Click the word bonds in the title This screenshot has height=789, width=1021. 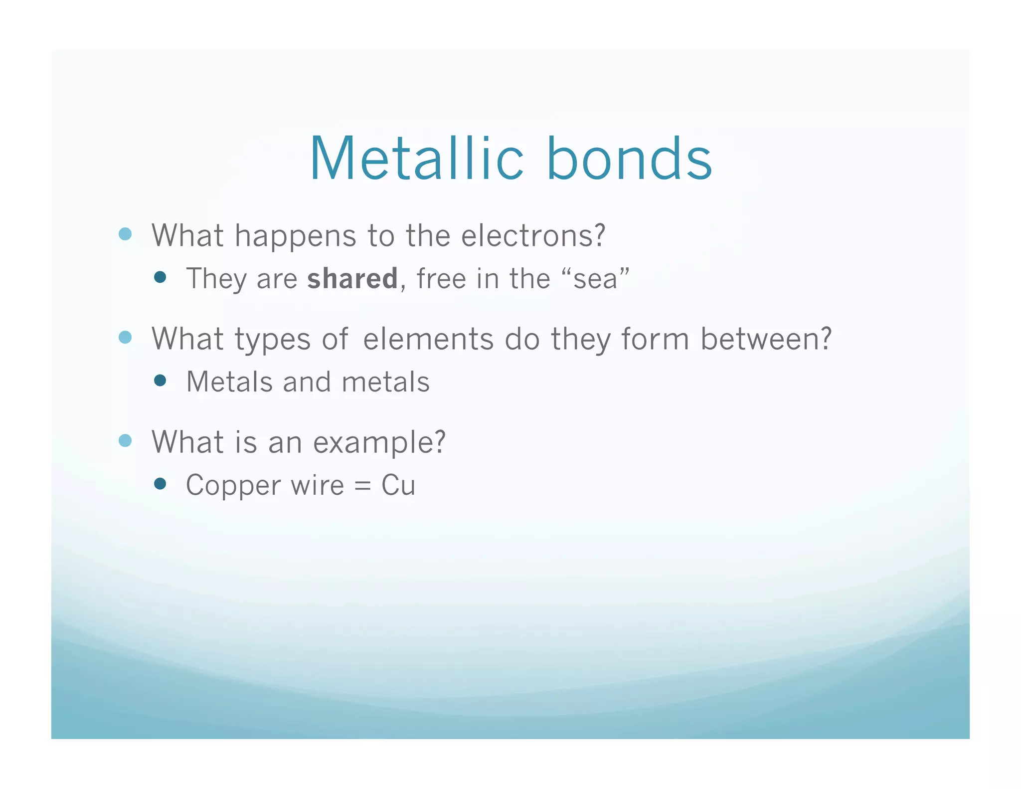click(x=629, y=159)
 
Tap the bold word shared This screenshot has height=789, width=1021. click(x=352, y=278)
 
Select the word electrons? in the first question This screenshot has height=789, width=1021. click(x=533, y=235)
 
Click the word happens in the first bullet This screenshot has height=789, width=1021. click(x=295, y=235)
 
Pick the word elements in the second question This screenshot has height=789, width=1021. click(x=428, y=339)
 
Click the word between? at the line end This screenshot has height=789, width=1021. click(x=766, y=339)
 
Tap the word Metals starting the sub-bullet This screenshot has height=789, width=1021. click(x=229, y=382)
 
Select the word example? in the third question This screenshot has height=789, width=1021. click(x=379, y=442)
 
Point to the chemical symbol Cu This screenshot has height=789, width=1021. click(x=398, y=485)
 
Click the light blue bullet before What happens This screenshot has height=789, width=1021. click(x=125, y=234)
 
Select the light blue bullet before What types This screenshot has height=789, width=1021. click(x=125, y=338)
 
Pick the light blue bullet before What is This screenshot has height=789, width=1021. click(x=125, y=441)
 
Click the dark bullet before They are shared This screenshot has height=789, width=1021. click(x=160, y=277)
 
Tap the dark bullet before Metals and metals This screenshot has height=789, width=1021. click(x=160, y=381)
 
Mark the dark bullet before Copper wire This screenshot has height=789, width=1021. click(x=160, y=484)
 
